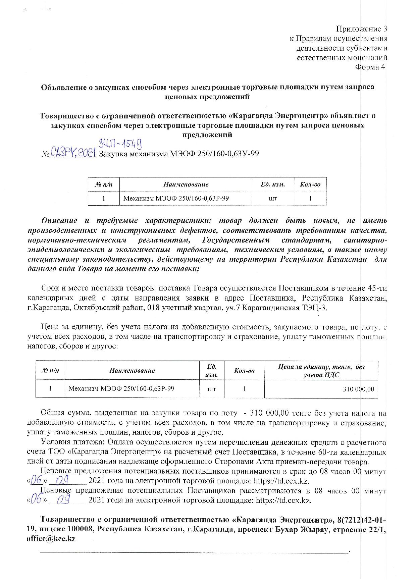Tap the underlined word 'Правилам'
coord(313,39)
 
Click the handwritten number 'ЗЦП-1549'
coord(120,144)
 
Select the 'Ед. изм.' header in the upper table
coord(273,184)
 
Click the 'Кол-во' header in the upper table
coord(310,184)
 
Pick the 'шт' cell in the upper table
coord(273,198)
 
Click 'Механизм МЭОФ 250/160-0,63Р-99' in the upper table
coord(176,198)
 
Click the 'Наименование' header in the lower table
coord(132,371)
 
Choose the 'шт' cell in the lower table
coord(212,389)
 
